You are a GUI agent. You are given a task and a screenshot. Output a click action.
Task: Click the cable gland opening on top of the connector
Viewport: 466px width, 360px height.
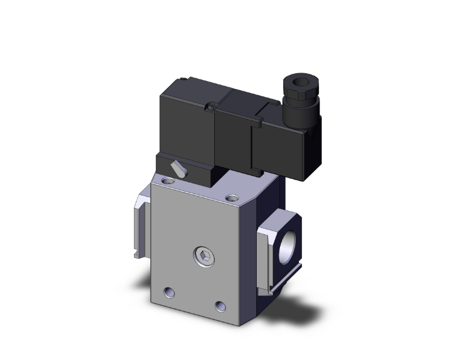tap(293, 82)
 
